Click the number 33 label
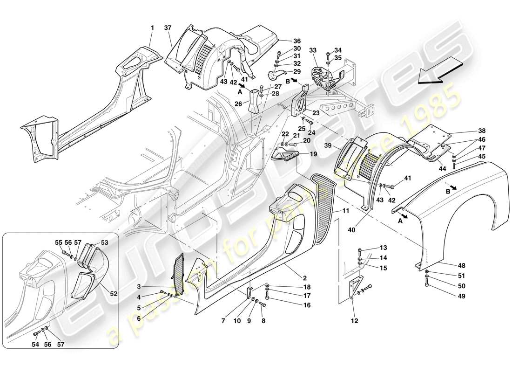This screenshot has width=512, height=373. click(x=313, y=50)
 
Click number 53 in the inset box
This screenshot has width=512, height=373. click(x=104, y=243)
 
